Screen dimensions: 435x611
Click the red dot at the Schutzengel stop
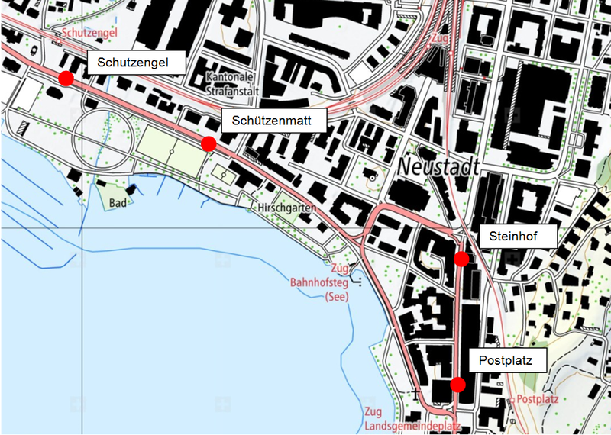tap(66, 78)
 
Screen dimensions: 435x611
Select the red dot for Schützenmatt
tap(208, 143)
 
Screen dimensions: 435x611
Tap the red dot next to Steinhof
tap(461, 259)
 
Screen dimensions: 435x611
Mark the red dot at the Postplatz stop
tap(457, 384)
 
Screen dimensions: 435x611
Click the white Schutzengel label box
tap(137, 63)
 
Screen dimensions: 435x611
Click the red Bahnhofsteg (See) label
tap(318, 289)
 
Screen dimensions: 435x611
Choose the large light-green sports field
tap(173, 150)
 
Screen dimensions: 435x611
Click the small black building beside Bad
tap(131, 188)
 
